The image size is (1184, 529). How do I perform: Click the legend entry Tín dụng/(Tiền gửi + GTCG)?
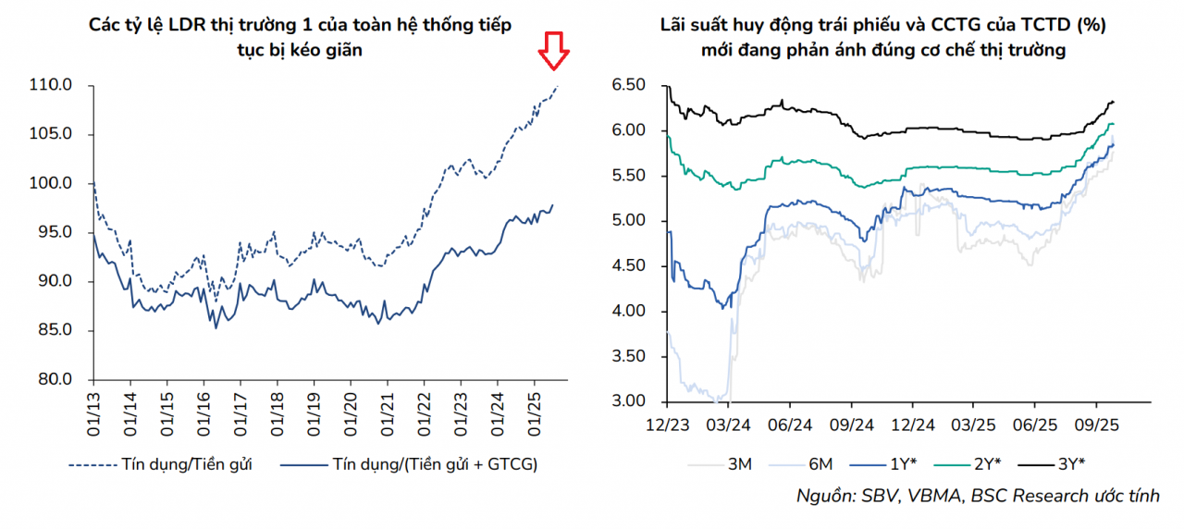pos(435,464)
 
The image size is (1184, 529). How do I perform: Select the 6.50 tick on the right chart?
pos(629,85)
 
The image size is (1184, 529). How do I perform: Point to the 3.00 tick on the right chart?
pos(629,401)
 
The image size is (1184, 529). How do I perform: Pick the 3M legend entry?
pos(741,464)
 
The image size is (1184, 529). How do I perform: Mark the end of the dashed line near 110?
pos(557,86)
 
